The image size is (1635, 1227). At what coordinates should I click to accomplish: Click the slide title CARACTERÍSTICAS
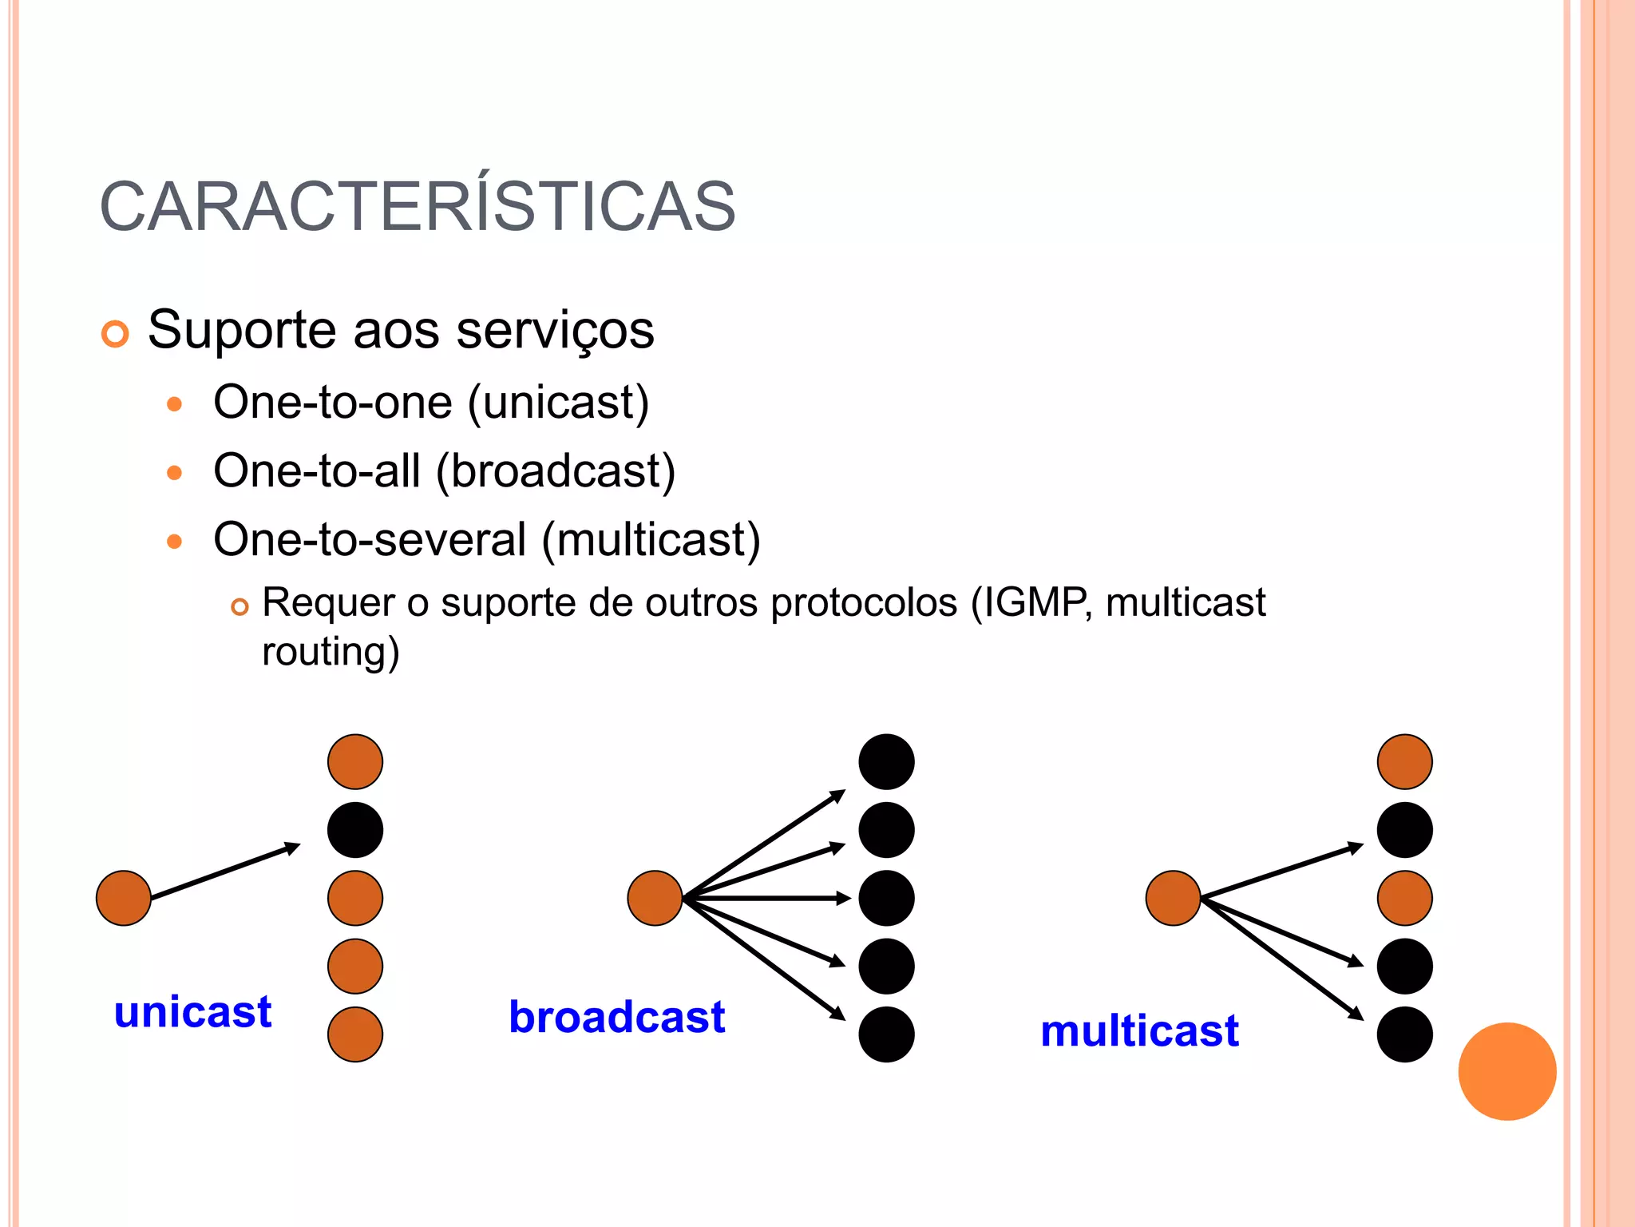[418, 208]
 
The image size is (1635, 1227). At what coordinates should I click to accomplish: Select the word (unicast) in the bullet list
[558, 403]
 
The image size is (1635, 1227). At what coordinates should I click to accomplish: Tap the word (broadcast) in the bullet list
[556, 471]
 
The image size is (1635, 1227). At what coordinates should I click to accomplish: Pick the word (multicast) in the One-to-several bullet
[651, 540]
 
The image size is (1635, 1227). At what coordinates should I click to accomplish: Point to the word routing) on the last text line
[331, 651]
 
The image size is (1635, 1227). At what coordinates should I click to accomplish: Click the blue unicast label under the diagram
[192, 1012]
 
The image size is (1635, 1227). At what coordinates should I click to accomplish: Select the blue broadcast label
[616, 1017]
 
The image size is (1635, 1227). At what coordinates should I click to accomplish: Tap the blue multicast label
[1139, 1030]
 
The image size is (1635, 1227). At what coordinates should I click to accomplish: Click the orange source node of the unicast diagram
[124, 898]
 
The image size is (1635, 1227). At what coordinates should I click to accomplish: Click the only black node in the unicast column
[355, 830]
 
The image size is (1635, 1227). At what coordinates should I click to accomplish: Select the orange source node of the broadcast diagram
[655, 898]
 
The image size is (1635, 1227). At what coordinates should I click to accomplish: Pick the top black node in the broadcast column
[886, 761]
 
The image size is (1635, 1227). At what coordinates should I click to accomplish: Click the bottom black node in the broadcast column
[886, 1034]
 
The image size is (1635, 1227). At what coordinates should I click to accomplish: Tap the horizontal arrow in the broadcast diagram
[766, 899]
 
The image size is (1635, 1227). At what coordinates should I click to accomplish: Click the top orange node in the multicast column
[1404, 761]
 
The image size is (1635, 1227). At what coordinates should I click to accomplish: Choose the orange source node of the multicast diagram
[1173, 898]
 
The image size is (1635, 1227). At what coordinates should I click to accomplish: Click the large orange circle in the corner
[1506, 1071]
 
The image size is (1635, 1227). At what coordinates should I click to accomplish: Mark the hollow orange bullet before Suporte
[115, 334]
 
